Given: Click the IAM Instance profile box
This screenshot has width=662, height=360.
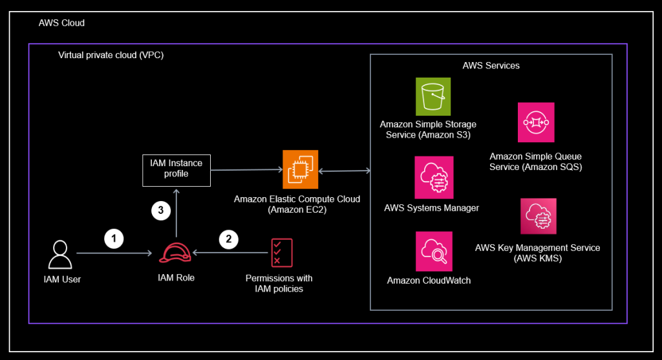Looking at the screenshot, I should coord(176,169).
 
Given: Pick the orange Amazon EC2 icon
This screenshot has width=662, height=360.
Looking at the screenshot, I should coord(301,169).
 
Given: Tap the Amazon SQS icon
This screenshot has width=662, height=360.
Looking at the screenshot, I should coord(536,123).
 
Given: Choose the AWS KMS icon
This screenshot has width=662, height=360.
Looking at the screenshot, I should coord(538,216).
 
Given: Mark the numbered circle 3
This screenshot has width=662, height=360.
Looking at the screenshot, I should coord(160,210).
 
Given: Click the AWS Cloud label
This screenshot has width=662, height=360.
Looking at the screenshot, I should coord(61,23).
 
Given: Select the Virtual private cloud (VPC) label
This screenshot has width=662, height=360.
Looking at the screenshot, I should coord(111,55).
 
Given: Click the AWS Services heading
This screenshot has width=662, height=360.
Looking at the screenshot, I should coord(491,65).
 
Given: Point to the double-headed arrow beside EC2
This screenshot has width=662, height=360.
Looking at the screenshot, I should coord(344,171).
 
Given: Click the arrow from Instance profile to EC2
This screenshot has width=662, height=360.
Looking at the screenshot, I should coord(246,170).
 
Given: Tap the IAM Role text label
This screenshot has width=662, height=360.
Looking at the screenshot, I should coord(176,278).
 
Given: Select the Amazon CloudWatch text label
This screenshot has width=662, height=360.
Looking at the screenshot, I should coord(429,281).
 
